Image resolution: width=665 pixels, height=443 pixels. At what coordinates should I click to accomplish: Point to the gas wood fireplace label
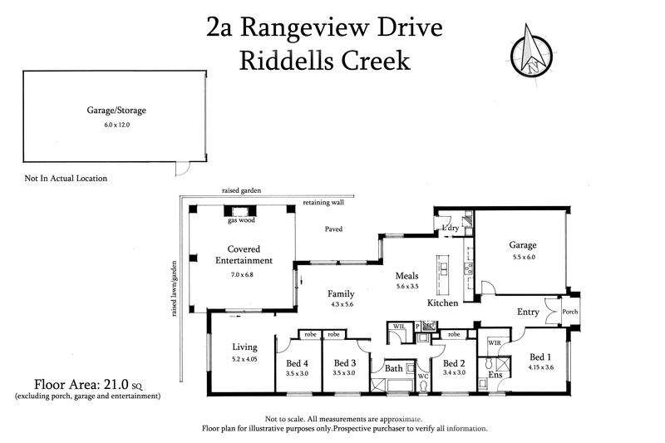(240, 221)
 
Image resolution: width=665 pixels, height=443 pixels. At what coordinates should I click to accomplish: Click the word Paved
(334, 229)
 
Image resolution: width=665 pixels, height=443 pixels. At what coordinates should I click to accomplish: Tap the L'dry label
(451, 229)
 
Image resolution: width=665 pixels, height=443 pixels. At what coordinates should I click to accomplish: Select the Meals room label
(406, 276)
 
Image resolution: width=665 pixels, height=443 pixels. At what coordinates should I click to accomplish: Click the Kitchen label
(443, 303)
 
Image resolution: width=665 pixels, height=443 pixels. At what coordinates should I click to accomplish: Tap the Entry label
(528, 313)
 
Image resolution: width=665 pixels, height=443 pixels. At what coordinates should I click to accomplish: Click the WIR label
(494, 342)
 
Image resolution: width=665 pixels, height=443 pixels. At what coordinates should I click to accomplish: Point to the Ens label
(495, 375)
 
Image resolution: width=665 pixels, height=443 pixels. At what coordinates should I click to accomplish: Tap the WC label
(422, 377)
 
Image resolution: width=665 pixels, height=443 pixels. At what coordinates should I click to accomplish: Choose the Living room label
(245, 347)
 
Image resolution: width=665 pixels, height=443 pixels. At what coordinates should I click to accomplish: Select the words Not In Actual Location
(66, 178)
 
